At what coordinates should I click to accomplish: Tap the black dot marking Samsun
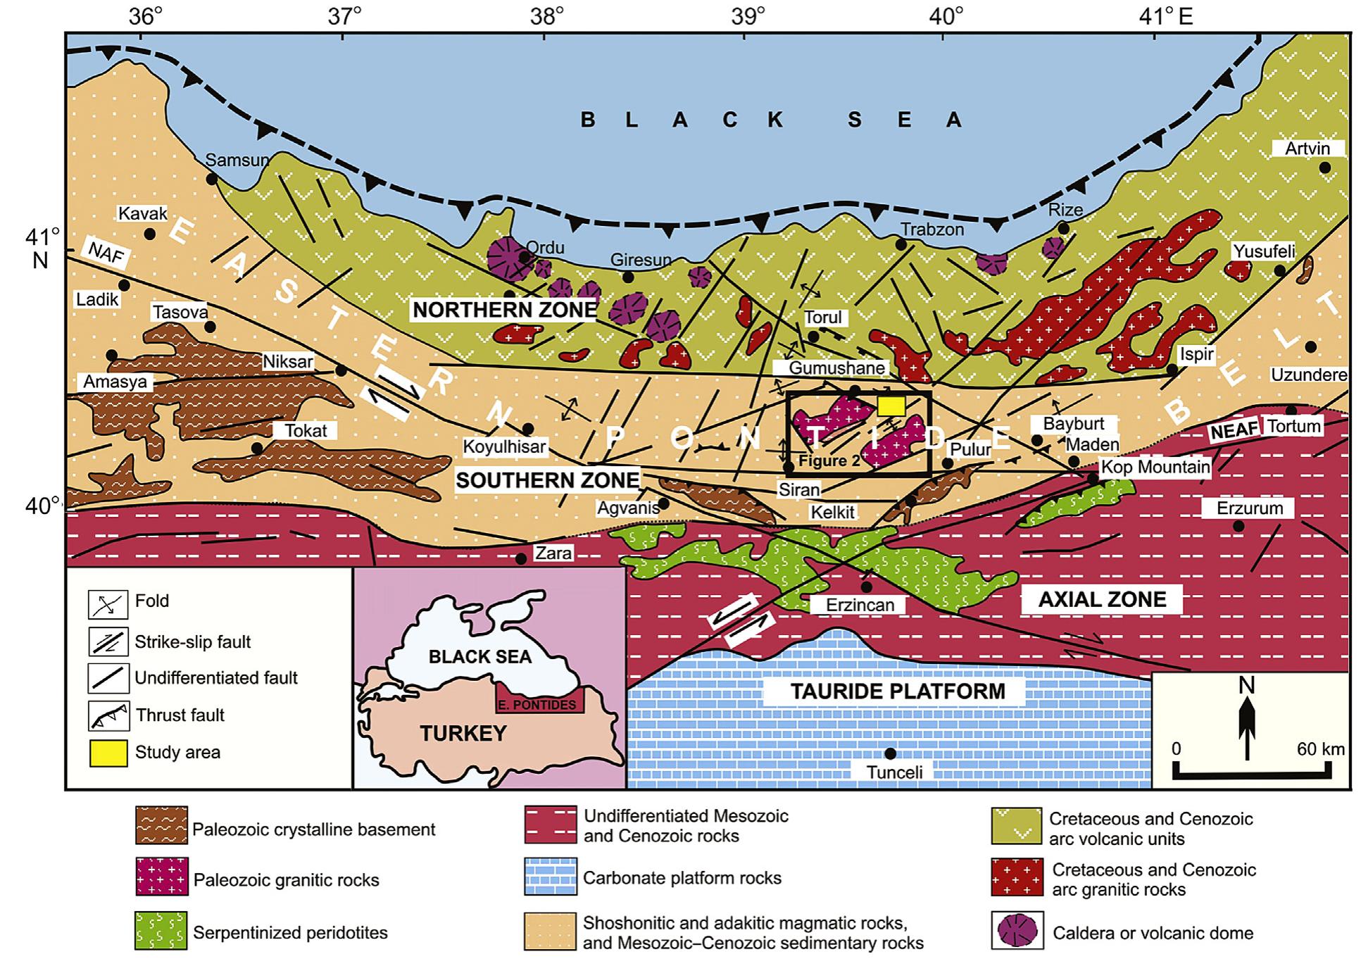click(212, 179)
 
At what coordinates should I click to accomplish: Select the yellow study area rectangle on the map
click(891, 406)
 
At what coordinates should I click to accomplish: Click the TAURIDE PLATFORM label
click(897, 691)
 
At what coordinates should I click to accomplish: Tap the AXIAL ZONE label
click(1102, 599)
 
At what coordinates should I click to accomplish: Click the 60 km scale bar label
click(1320, 748)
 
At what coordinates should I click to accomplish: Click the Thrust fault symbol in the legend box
click(108, 715)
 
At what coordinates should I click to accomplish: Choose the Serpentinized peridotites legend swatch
click(161, 931)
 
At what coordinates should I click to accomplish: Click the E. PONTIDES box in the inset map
click(539, 704)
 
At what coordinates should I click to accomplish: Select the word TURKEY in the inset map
click(463, 733)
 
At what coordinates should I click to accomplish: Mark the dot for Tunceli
click(890, 753)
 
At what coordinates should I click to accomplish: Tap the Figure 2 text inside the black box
click(829, 460)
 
